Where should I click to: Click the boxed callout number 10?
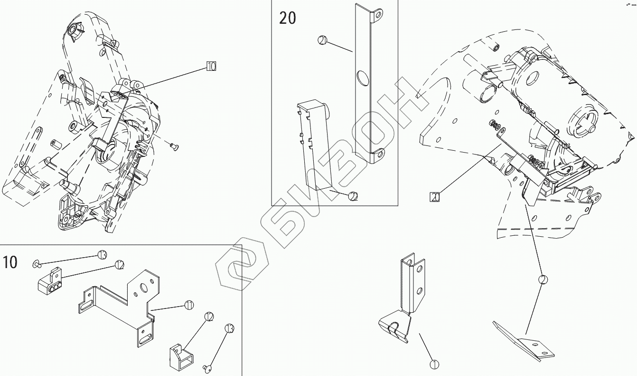(x=211, y=67)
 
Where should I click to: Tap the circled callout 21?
(x=322, y=41)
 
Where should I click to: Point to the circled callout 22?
(x=353, y=195)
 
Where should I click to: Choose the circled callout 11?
(x=189, y=305)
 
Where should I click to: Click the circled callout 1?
(x=434, y=365)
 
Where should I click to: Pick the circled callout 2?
(x=543, y=280)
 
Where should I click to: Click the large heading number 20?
(x=287, y=18)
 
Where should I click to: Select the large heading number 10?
(x=10, y=262)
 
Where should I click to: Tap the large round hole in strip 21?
(x=362, y=77)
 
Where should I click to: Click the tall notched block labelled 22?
(x=312, y=143)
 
